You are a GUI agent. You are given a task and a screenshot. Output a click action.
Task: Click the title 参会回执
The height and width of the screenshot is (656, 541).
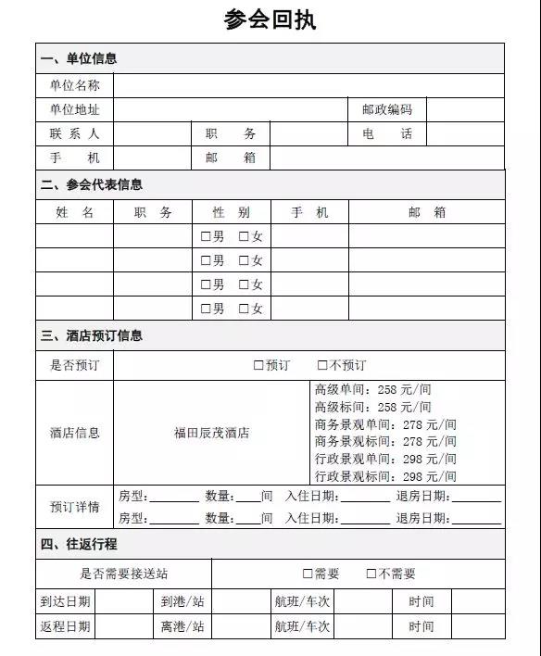(270, 19)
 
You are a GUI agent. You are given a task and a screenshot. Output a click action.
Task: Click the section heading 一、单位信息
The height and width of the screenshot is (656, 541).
(79, 58)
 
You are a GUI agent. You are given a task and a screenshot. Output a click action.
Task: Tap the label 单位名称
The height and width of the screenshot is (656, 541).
(74, 85)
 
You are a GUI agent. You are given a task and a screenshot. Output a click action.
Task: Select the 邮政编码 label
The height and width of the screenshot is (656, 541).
(386, 109)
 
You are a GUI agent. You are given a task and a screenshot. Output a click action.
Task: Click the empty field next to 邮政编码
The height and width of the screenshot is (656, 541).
(465, 109)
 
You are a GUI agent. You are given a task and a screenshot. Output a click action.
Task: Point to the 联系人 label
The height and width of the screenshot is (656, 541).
(74, 133)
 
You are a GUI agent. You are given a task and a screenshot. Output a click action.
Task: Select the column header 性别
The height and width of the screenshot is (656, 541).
(231, 212)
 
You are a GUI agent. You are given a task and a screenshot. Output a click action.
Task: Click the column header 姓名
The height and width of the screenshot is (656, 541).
(74, 212)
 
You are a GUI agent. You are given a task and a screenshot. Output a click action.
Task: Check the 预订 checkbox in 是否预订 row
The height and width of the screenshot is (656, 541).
(258, 365)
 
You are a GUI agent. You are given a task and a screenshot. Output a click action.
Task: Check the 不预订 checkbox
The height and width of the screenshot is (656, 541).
(322, 365)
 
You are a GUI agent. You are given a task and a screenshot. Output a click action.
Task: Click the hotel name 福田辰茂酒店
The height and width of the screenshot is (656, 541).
(211, 432)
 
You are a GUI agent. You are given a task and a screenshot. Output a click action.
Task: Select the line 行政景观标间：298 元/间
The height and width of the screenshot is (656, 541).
(385, 476)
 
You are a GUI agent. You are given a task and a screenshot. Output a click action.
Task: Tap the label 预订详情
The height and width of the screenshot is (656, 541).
(74, 507)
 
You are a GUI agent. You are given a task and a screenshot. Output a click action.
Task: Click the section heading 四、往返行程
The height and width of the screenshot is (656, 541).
(79, 544)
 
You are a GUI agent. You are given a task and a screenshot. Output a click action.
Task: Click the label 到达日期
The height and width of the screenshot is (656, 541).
(65, 601)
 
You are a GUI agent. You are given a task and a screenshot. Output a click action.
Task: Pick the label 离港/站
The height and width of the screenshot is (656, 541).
(182, 626)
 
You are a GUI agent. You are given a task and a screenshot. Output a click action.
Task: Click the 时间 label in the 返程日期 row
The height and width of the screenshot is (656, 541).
(421, 626)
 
